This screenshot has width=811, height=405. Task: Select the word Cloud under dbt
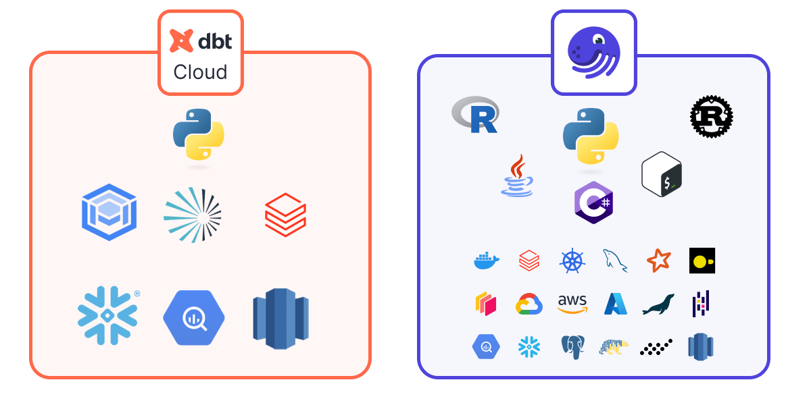(x=200, y=72)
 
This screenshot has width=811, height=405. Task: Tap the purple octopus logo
(x=593, y=53)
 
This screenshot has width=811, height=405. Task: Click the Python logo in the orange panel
(x=199, y=134)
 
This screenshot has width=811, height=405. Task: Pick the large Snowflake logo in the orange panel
(x=107, y=315)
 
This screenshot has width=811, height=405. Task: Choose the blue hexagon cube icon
(x=109, y=214)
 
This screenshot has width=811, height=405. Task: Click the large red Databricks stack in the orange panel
(x=285, y=215)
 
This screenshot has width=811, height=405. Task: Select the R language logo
(x=476, y=115)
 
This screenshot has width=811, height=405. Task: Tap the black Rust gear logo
(x=712, y=117)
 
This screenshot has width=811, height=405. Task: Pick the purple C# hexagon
(x=593, y=202)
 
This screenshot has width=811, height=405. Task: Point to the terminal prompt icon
(x=662, y=175)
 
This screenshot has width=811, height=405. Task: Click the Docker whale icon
(x=487, y=261)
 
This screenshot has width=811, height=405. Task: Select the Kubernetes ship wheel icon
(x=572, y=261)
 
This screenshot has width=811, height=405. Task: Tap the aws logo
(x=572, y=304)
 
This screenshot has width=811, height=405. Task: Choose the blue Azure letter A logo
(x=616, y=304)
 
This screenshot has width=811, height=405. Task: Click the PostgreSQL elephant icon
(x=572, y=347)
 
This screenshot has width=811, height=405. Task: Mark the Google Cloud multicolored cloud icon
(x=529, y=304)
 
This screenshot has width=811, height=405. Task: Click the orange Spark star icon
(x=658, y=261)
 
